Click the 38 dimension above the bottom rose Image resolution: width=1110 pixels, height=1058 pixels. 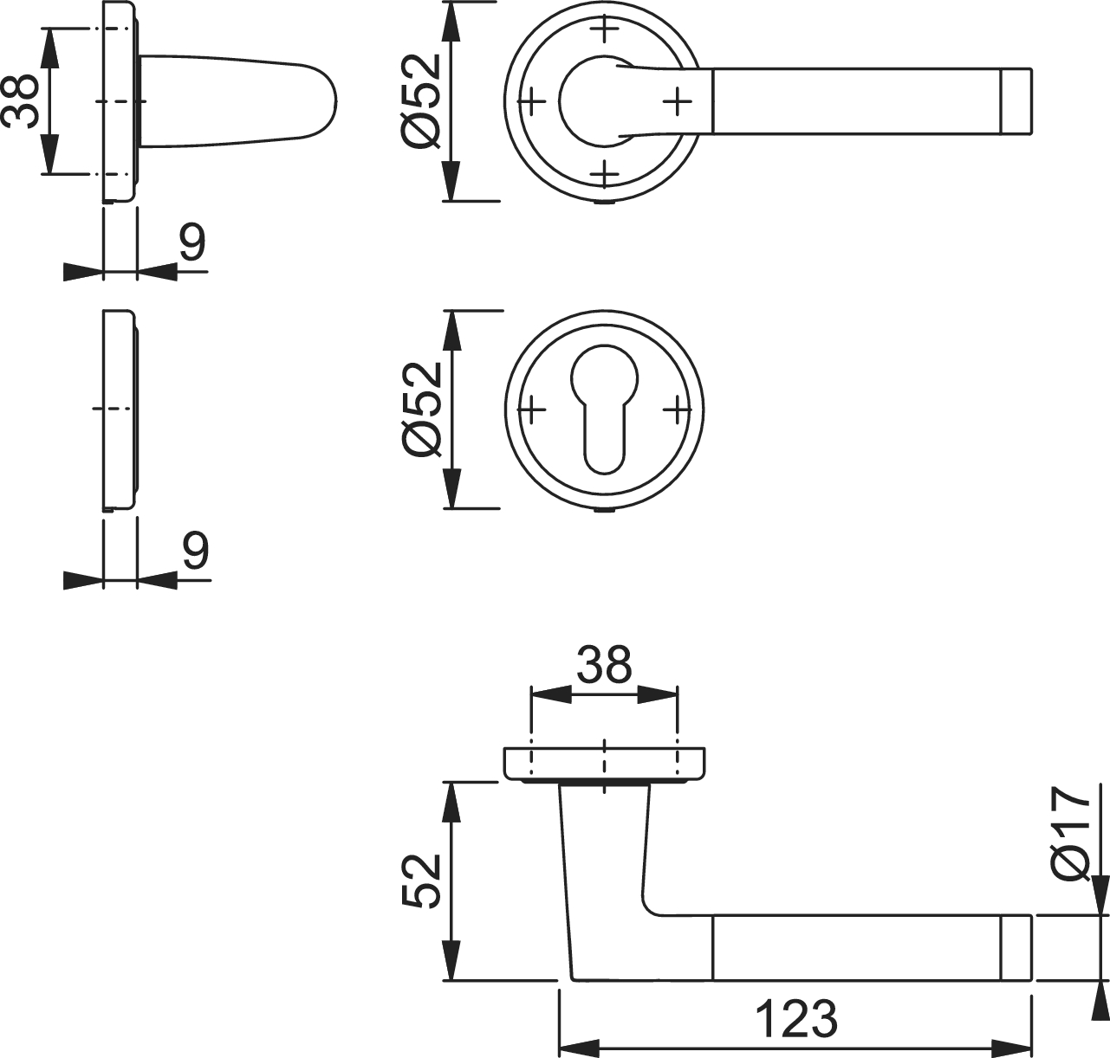pos(604,664)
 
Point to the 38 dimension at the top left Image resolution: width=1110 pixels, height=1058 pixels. pos(19,100)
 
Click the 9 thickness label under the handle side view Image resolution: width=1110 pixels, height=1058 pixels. pos(192,241)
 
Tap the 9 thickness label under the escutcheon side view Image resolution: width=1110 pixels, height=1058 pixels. pos(195,549)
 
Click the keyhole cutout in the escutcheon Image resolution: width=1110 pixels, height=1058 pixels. pos(604,408)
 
